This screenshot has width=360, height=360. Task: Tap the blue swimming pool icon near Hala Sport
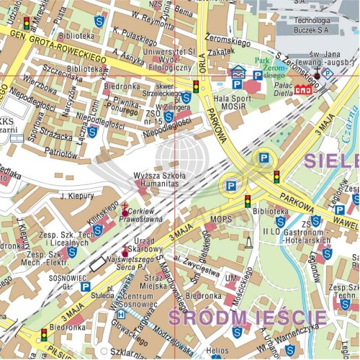pyautogui.click(x=238, y=72)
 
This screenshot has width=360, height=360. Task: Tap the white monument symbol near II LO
pyautogui.click(x=248, y=243)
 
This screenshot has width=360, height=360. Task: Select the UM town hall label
pyautogui.click(x=230, y=277)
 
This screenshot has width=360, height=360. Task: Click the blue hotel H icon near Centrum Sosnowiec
pyautogui.click(x=121, y=314)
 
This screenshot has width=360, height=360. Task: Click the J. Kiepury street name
pyautogui.click(x=77, y=194)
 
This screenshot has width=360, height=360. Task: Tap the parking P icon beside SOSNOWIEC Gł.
pyautogui.click(x=86, y=287)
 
